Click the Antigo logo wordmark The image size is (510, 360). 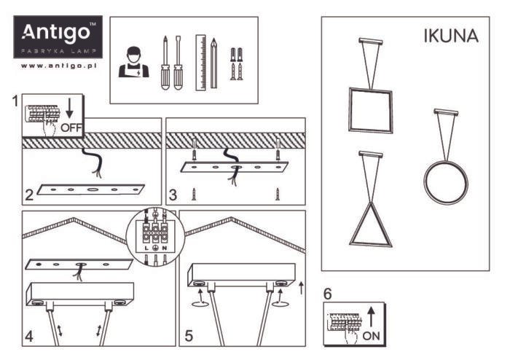(58, 32)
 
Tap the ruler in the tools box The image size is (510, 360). (200, 63)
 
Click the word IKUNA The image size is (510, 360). (451, 37)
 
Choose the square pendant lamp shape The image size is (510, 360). (370, 109)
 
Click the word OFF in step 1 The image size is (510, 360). (72, 128)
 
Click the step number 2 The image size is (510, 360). (29, 195)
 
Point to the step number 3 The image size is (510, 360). (173, 195)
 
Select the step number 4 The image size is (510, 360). (29, 336)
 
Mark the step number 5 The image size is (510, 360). (189, 336)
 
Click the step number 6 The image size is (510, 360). (328, 294)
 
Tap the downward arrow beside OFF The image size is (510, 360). (70, 110)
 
